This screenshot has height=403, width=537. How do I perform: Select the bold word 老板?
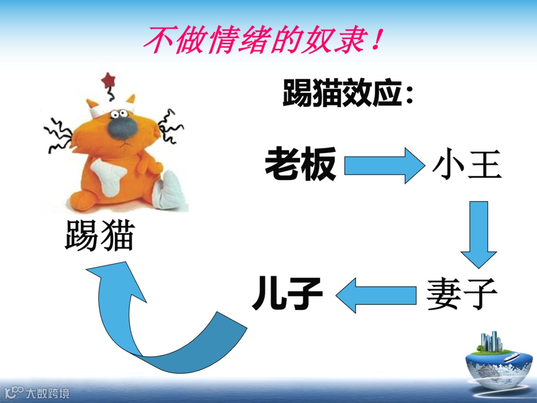point(300,164)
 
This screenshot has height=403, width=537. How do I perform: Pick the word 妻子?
point(461,294)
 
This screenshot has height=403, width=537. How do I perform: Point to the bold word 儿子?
point(287,294)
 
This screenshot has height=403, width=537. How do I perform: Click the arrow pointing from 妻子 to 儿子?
point(375,295)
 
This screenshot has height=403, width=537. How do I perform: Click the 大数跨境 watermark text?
point(48,393)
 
